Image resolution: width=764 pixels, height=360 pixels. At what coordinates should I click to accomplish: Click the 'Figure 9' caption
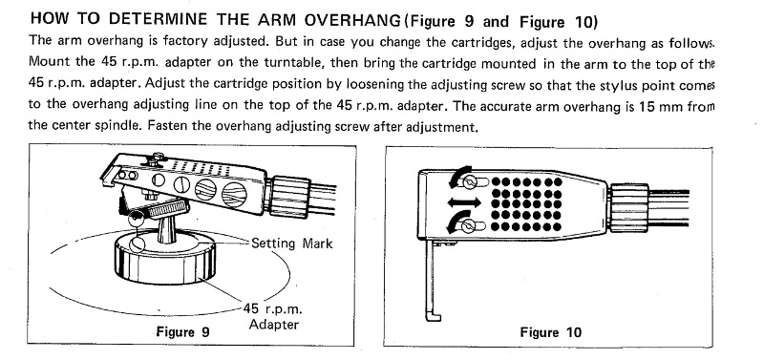point(182,332)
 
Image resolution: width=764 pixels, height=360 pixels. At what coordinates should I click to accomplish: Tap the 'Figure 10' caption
point(551,332)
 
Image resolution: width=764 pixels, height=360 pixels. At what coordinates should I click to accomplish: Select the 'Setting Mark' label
point(292,244)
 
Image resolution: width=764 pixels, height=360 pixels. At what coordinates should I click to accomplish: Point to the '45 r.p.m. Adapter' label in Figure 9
point(273,316)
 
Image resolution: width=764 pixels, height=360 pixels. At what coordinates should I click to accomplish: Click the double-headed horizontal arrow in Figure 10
point(465,201)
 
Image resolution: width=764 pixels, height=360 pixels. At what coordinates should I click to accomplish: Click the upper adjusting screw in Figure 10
point(471,182)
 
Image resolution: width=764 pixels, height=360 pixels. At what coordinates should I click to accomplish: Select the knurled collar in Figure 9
point(289,197)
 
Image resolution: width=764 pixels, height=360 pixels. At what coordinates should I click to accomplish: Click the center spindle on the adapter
point(165,228)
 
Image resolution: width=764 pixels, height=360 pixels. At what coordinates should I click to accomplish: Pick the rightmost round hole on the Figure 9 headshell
point(234,194)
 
